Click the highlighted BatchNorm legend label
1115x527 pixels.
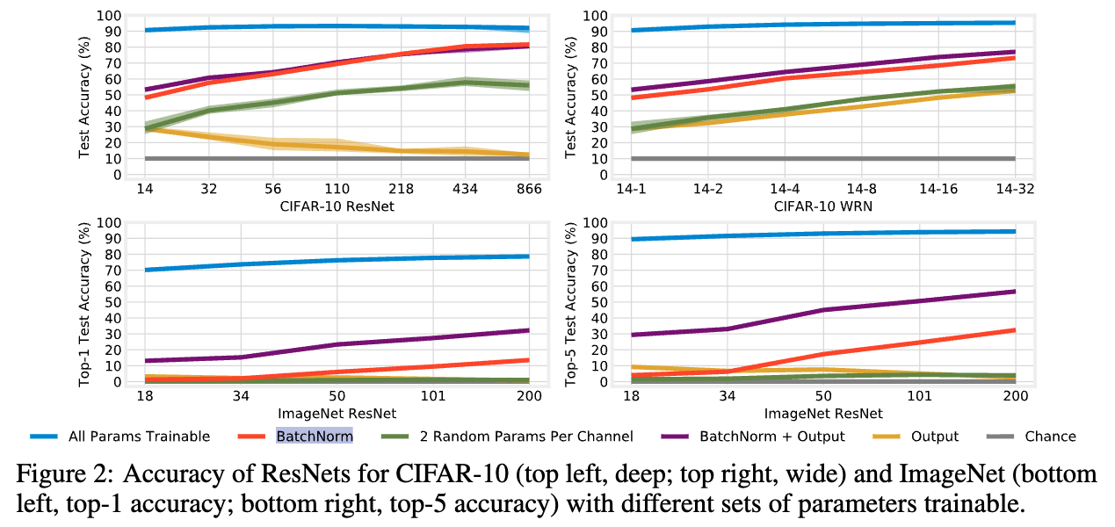point(315,437)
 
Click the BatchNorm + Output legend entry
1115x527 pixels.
point(771,437)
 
